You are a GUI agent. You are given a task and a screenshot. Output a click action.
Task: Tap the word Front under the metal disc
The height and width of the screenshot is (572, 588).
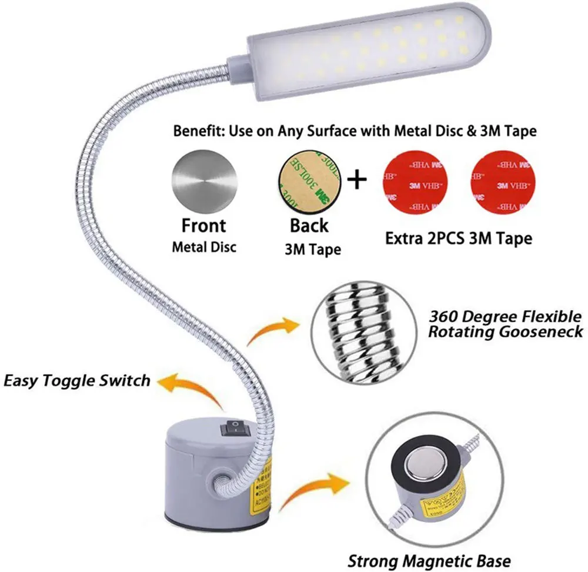203,225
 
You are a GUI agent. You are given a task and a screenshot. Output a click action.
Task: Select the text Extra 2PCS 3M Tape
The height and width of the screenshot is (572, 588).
459,239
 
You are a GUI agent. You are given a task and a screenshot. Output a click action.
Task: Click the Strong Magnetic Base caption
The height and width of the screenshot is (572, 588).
429,560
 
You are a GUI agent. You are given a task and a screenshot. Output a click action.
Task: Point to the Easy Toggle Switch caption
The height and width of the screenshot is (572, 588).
77,380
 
